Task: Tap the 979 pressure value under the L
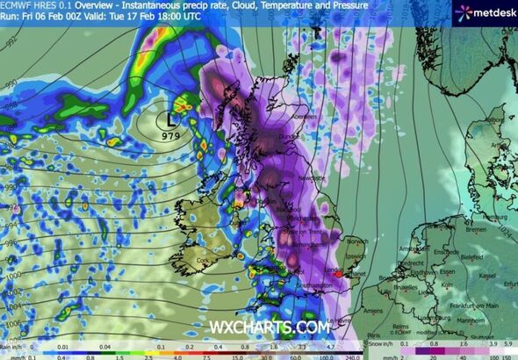[x=170, y=135]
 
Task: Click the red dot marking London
[x=338, y=274]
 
